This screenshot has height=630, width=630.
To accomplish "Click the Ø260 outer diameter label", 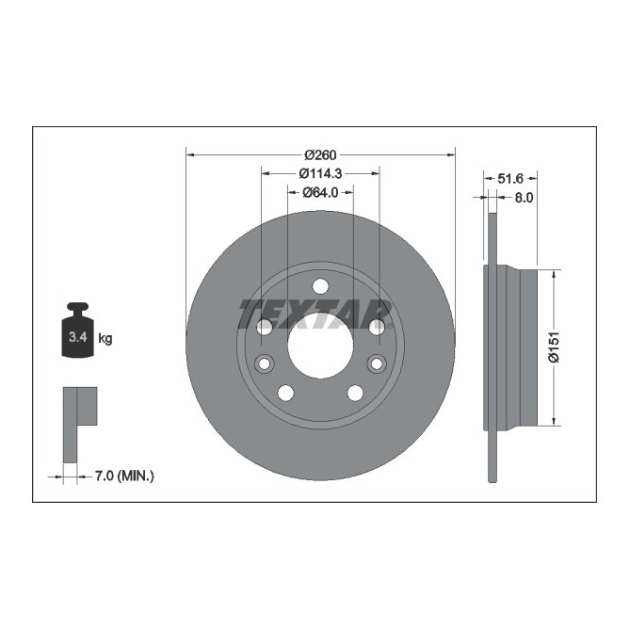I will point(320,154).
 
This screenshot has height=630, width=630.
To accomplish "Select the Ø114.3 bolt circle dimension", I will point(320,173).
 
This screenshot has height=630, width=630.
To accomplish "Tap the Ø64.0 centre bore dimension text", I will point(320,192).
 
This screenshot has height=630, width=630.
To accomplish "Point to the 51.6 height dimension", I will point(510,177).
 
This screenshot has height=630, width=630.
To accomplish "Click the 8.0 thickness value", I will point(524,197).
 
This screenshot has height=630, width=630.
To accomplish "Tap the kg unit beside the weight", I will point(105,338).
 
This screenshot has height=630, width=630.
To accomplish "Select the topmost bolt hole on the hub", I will point(320,286).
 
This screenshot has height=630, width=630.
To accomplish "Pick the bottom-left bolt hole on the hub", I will point(285,393).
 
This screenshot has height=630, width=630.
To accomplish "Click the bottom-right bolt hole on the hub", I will point(355,393).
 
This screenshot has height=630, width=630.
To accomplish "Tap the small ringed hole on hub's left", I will point(265,363).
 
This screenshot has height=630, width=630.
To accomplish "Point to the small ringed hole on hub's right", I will point(376,363).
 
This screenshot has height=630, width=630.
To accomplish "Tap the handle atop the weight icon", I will point(75,307).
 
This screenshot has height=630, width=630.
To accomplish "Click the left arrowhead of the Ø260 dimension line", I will point(190,154).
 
